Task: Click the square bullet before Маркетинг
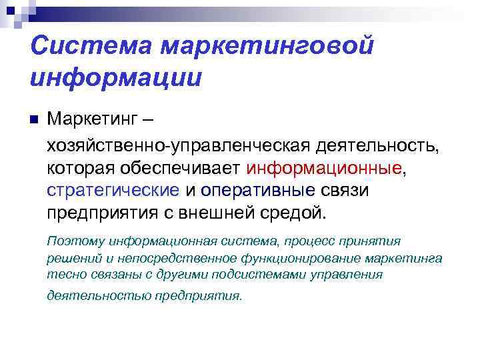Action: click(x=35, y=121)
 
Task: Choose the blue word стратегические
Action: click(x=113, y=191)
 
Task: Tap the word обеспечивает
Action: click(x=175, y=168)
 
